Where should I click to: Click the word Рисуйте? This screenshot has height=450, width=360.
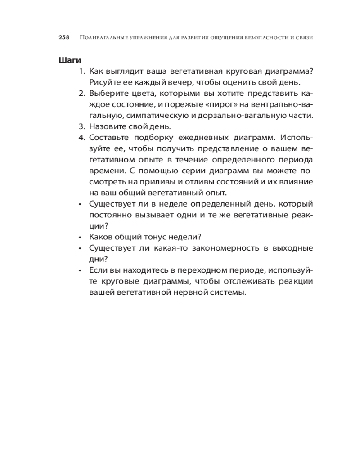103,82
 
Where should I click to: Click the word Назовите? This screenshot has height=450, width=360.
106,126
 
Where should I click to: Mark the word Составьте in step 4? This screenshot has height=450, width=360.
108,137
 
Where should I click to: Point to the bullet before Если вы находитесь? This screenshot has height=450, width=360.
80,270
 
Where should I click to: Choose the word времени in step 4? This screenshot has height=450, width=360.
104,171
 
